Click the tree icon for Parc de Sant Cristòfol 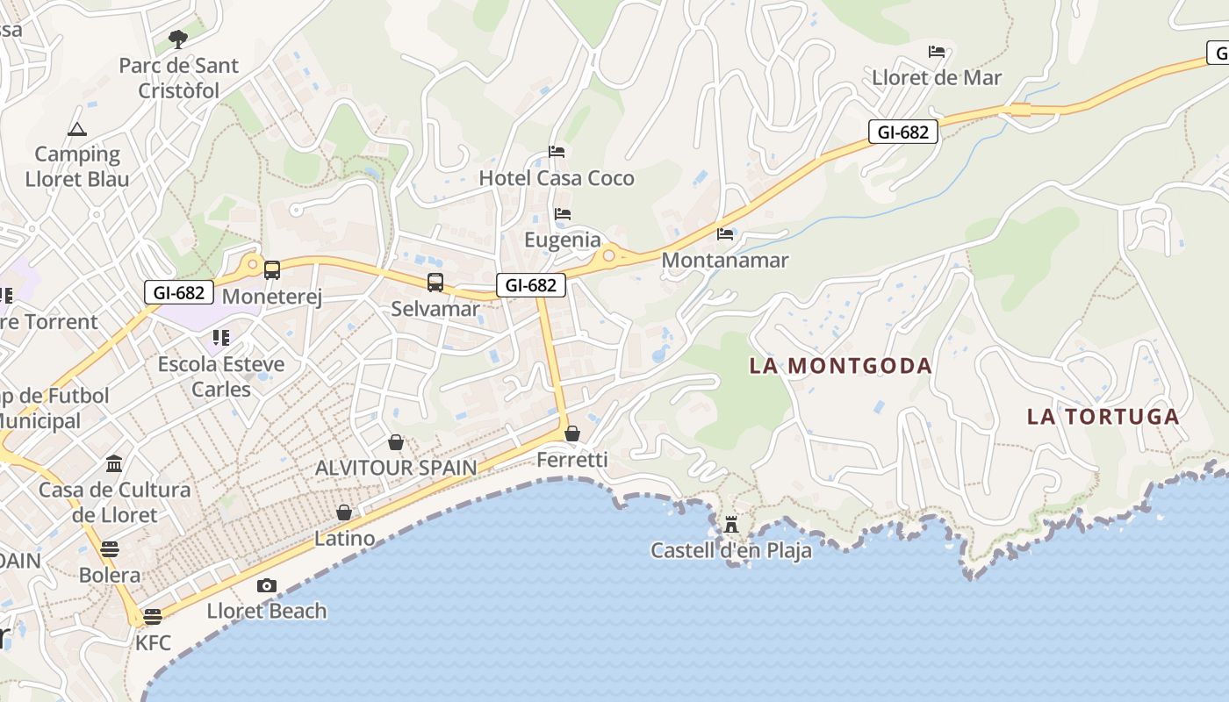[177, 39]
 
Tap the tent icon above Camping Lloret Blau [77, 130]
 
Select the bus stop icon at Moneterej [272, 270]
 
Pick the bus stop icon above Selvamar [435, 283]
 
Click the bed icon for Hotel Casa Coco [557, 152]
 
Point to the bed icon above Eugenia [563, 213]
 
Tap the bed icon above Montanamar [725, 233]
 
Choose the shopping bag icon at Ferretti [572, 433]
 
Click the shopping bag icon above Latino [344, 512]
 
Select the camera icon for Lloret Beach [267, 585]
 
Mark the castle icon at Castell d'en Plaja [731, 525]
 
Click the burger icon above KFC [153, 616]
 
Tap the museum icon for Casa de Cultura [114, 463]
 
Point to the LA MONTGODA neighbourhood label [840, 366]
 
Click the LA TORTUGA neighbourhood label [1103, 417]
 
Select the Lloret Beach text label [267, 611]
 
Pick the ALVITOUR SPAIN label [396, 468]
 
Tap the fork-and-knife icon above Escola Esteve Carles [220, 338]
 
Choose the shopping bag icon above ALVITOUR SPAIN [397, 442]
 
